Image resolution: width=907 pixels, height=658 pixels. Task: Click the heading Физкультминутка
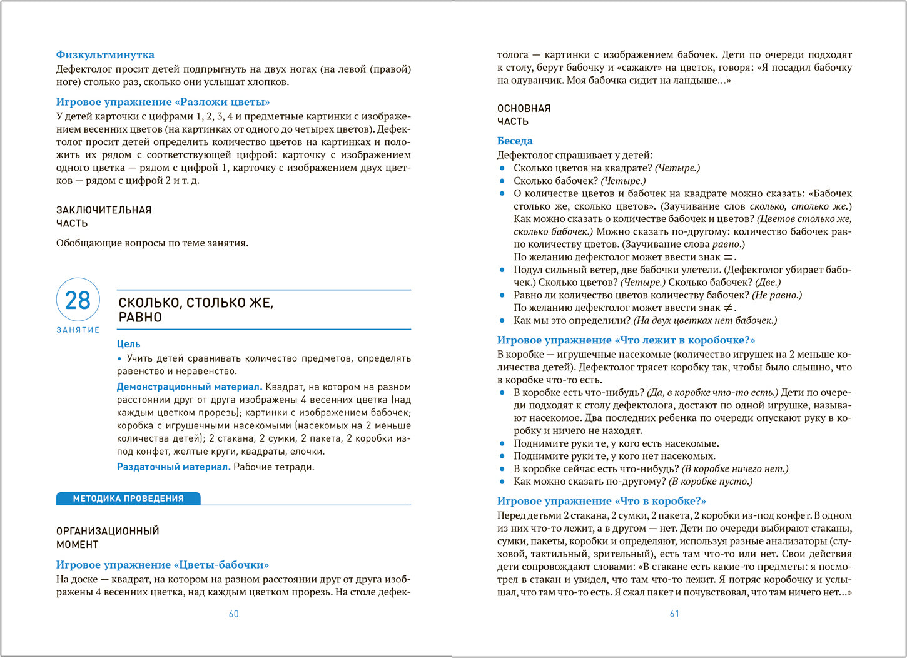(105, 54)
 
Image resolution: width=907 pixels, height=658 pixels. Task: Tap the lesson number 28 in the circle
(78, 300)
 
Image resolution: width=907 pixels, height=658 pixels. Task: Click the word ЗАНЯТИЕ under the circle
(78, 330)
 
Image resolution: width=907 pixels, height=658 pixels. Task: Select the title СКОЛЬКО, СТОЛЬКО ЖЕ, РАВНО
(196, 310)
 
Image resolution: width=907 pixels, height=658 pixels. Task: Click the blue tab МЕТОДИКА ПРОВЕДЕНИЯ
(128, 499)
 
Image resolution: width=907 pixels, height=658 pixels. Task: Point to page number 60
(234, 614)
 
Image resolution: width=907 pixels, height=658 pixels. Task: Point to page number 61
(674, 614)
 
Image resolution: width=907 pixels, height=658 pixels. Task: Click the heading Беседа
(515, 141)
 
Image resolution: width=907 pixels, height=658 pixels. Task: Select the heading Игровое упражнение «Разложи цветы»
(163, 102)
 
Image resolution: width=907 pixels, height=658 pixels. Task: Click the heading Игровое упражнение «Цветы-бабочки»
(163, 565)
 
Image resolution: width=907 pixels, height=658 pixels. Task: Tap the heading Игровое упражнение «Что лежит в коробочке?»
(626, 340)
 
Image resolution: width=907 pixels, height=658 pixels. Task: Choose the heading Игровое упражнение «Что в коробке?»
(602, 501)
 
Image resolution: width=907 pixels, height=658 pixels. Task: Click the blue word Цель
(129, 344)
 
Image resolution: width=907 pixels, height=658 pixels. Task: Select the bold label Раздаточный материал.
(174, 467)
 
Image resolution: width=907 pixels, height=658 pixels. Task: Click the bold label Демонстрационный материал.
(190, 387)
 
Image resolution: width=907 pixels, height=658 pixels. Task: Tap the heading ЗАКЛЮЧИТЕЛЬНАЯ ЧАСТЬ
(104, 216)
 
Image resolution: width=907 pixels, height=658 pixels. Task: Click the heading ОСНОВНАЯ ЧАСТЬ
(524, 115)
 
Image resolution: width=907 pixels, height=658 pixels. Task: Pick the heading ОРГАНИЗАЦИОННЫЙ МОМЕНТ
(108, 538)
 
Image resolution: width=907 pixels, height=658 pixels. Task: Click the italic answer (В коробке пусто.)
(711, 482)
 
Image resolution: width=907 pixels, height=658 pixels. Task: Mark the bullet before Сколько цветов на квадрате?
(502, 168)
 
